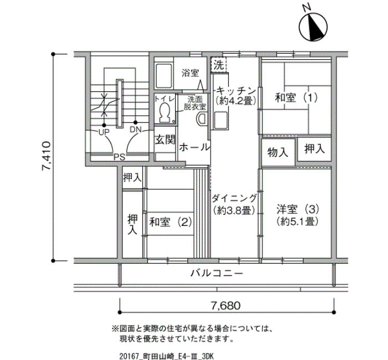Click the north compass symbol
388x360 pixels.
tap(313, 27)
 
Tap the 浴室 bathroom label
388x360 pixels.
tap(190, 73)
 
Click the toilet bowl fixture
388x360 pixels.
tap(164, 113)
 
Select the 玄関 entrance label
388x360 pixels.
tap(165, 140)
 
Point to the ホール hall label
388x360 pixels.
tap(194, 148)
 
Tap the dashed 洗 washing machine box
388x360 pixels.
tap(219, 65)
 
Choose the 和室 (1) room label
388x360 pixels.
tap(297, 98)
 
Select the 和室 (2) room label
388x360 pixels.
tap(171, 222)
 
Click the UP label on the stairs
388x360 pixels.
tap(104, 132)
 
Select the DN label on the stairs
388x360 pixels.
tap(136, 130)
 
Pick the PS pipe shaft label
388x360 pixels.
tap(119, 157)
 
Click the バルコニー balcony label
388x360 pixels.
tap(217, 273)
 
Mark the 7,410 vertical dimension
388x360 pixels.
tap(46, 156)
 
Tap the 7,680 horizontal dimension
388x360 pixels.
tap(226, 306)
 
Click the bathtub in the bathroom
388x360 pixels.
tap(164, 76)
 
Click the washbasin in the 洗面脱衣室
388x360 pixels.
tap(201, 119)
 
